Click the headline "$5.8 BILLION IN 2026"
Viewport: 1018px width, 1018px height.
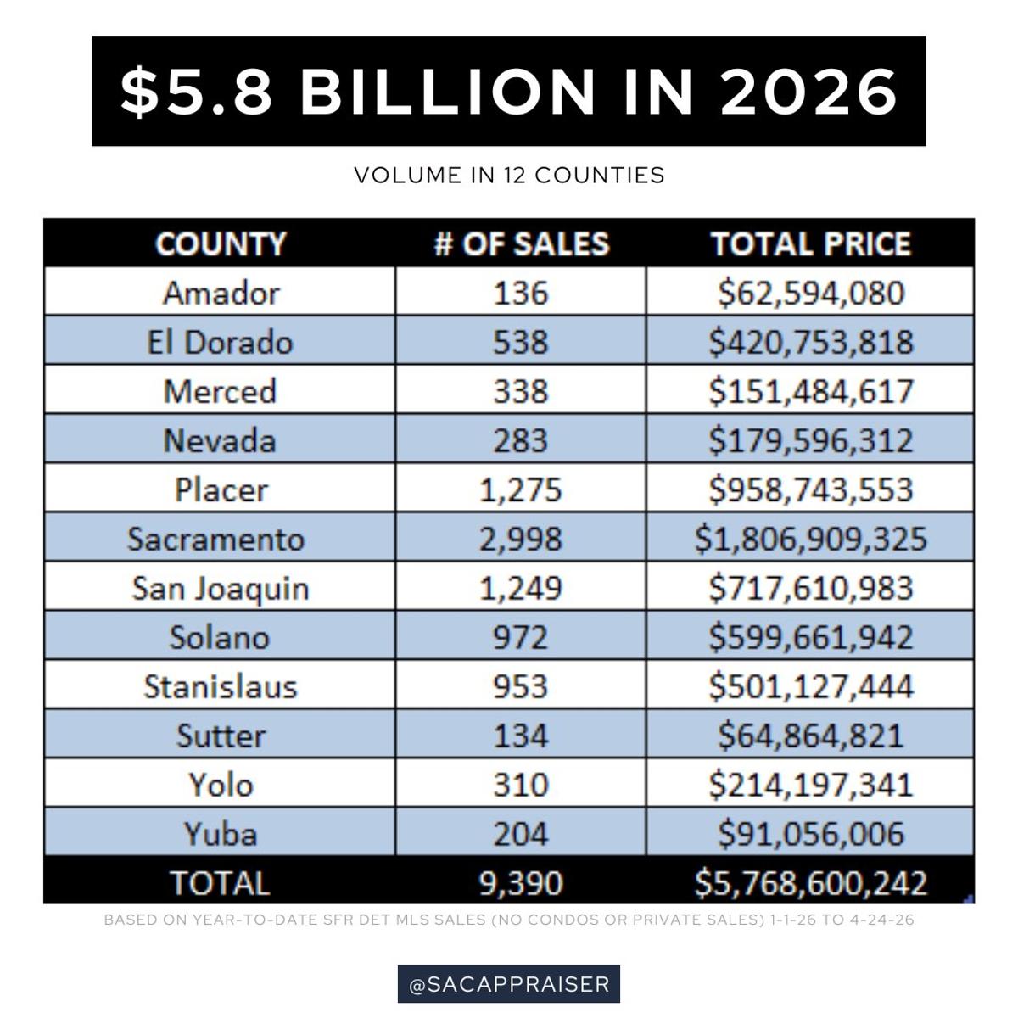tap(508, 91)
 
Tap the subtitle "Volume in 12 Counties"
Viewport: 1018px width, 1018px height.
tap(509, 175)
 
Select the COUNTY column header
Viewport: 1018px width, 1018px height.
tap(221, 244)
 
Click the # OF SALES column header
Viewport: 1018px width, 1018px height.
tap(521, 244)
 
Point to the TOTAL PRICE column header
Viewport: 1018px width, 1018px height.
tap(810, 244)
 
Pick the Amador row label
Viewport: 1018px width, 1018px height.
tap(221, 294)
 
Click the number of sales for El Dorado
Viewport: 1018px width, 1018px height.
tap(521, 342)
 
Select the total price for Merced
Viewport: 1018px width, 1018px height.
tap(810, 391)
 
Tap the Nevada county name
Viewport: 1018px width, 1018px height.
tap(221, 440)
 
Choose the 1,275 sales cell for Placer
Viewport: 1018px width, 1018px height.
tap(521, 489)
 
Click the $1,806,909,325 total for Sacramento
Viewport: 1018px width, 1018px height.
tap(810, 539)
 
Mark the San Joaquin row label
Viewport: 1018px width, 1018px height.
tap(221, 588)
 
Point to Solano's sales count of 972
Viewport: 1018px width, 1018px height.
tap(521, 637)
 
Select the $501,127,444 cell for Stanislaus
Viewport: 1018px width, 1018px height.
tap(810, 685)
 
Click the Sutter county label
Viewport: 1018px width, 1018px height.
tap(221, 735)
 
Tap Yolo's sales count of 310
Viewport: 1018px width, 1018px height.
tap(521, 784)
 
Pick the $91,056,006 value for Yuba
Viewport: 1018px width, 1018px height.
tap(810, 833)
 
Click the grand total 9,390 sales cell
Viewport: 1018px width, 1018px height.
tap(521, 883)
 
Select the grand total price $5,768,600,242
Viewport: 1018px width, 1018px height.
tap(810, 883)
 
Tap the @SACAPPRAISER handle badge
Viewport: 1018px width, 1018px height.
tap(509, 984)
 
